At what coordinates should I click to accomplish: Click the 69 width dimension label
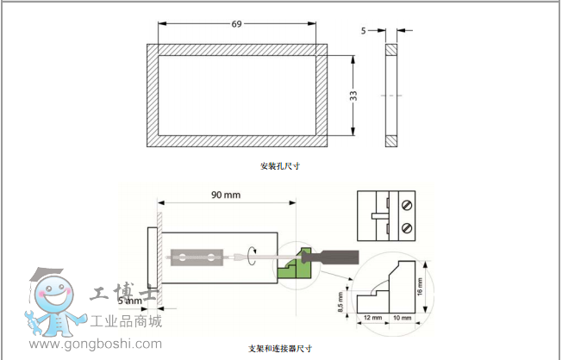tap(236, 23)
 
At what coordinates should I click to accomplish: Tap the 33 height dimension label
tap(353, 96)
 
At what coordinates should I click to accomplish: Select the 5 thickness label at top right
tap(364, 31)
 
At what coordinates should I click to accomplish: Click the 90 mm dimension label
tap(226, 195)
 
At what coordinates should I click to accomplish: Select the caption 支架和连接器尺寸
tap(279, 348)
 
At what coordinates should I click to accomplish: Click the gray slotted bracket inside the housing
tap(197, 257)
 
